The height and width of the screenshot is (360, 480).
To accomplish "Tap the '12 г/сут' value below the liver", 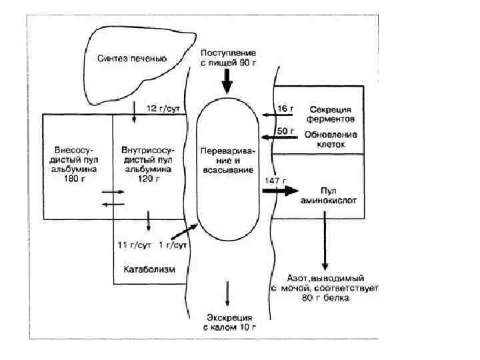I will [161, 107].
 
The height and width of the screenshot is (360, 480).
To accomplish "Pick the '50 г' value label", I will [285, 131].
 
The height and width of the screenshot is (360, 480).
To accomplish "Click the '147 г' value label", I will [275, 181].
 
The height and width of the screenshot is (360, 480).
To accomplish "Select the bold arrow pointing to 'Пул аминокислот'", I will [279, 191].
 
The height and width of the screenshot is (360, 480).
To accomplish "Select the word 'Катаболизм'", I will [149, 269].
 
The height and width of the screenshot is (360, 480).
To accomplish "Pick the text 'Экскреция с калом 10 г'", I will [229, 322].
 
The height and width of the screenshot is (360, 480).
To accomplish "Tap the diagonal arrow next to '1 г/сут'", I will [185, 231].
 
